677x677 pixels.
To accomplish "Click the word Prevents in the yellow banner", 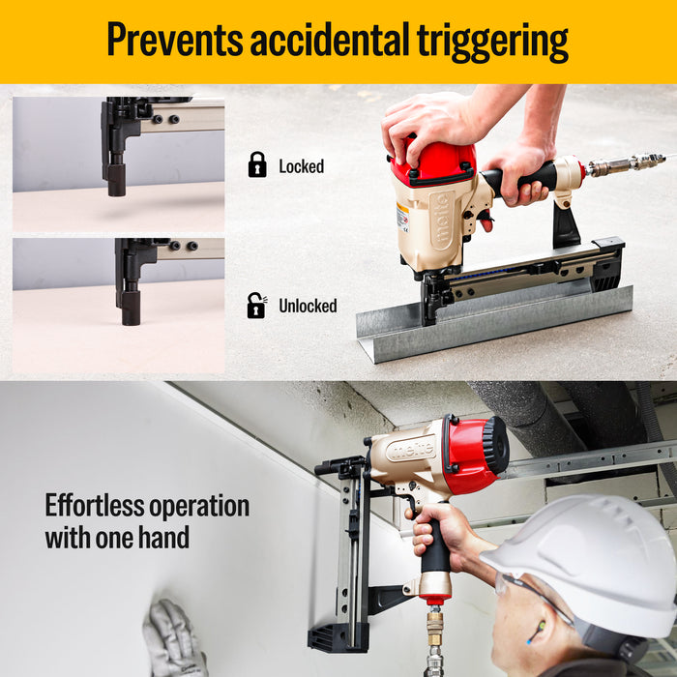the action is tap(175, 40).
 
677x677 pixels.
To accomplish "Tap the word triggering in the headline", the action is tap(492, 42).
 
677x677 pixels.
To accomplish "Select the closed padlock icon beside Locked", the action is tap(257, 164).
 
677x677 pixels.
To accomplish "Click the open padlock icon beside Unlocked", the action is tap(257, 306).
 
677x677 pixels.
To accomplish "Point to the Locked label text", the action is tap(302, 166).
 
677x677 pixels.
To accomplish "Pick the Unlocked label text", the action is tap(308, 306).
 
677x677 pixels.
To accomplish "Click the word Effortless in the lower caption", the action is tap(94, 506).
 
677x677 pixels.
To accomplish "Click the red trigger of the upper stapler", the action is tap(486, 221).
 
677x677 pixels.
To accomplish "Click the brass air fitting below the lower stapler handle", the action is tap(435, 624).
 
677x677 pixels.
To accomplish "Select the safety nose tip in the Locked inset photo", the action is tap(117, 180).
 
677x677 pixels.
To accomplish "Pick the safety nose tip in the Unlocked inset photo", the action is tap(131, 308).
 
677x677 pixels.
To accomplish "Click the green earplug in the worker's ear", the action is tap(540, 627).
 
